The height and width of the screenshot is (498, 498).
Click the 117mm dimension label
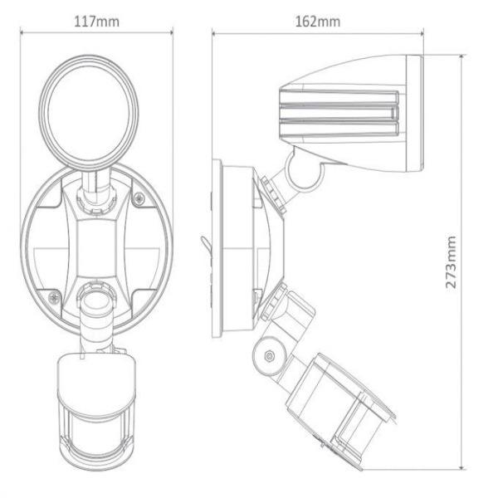(97, 22)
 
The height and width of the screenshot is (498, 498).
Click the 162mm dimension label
(318, 22)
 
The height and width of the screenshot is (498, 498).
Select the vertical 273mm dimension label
(451, 261)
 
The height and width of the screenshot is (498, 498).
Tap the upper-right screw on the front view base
(139, 198)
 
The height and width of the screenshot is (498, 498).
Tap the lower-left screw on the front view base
(54, 298)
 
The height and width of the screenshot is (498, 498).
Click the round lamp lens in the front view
(89, 113)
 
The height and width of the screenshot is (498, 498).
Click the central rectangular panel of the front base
(96, 247)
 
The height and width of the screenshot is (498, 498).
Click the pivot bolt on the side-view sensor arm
(269, 355)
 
